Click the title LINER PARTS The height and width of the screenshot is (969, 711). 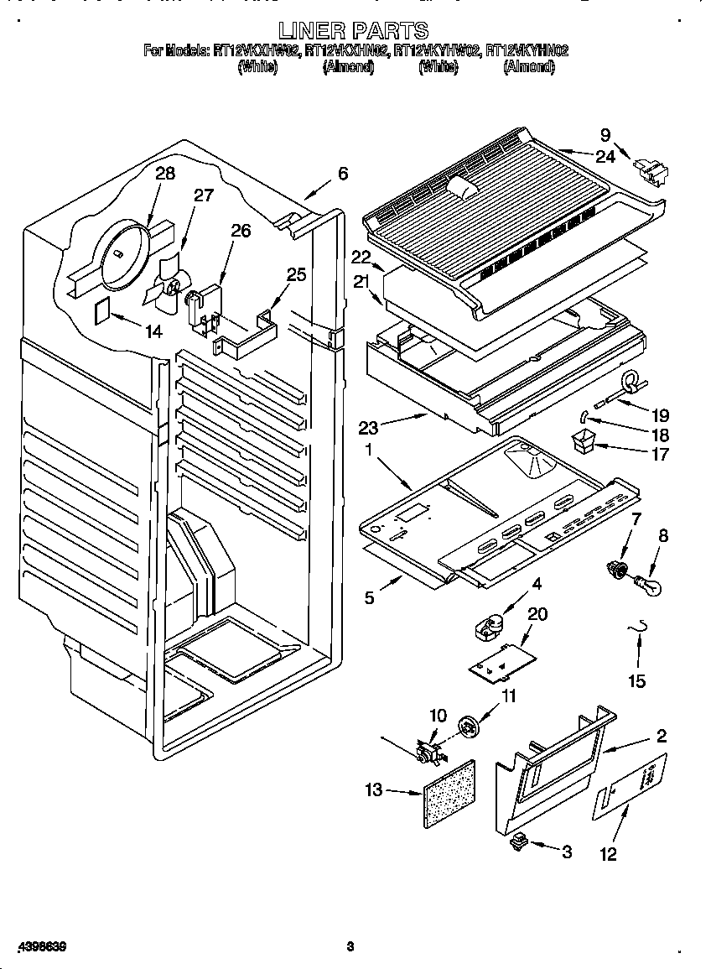[355, 32]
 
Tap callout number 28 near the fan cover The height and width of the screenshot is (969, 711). [165, 174]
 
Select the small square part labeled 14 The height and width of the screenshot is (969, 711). [100, 310]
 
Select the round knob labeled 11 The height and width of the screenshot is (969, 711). [470, 726]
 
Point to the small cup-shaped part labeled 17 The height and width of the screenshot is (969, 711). [583, 440]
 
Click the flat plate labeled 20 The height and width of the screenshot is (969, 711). [501, 659]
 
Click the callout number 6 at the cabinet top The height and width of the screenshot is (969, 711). [342, 174]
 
